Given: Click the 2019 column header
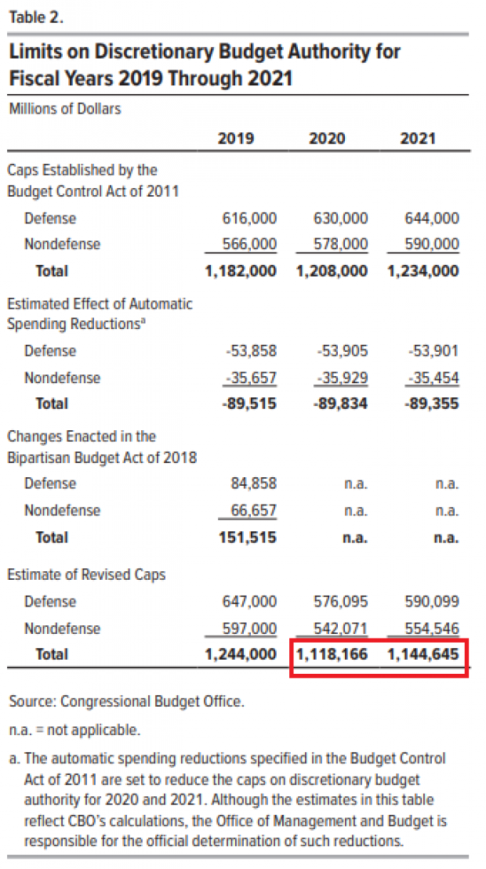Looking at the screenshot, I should click(235, 139).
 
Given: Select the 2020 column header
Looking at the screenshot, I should click(328, 139).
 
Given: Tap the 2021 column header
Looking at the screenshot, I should click(418, 139).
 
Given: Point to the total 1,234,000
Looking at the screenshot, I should click(423, 271).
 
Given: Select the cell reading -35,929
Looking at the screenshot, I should click(341, 378).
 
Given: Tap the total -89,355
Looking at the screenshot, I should click(430, 404).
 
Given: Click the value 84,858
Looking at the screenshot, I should click(254, 483).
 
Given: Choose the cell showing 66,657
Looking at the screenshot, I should click(254, 510).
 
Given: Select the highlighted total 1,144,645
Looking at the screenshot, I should click(423, 654).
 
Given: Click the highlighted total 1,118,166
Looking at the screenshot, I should click(332, 654).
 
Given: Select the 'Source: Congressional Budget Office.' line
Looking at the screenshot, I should click(126, 701).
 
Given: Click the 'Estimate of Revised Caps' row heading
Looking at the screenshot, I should click(86, 574).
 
